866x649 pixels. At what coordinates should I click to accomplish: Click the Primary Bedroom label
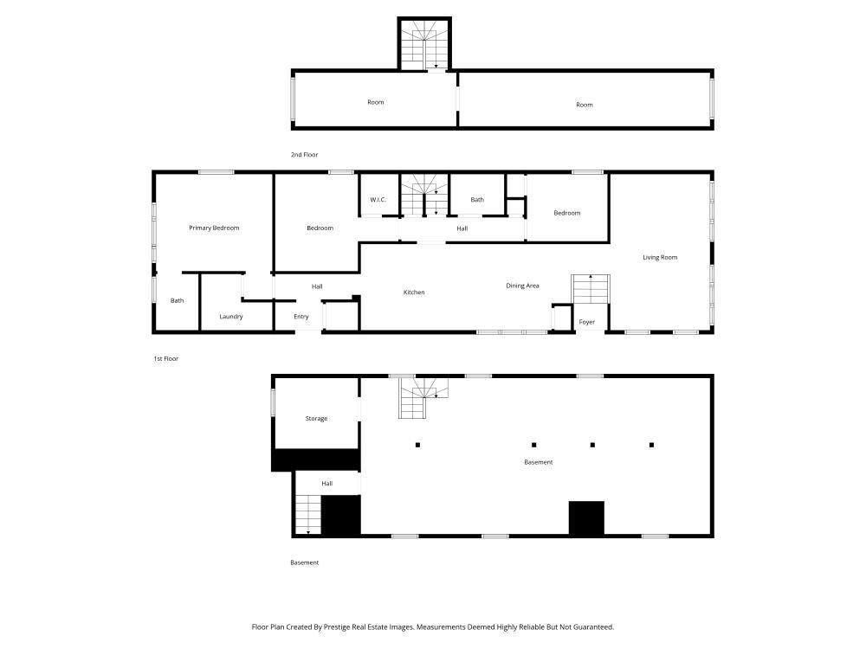coord(214,228)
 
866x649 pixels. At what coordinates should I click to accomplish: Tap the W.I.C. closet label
coord(378,200)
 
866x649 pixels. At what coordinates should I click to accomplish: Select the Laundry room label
coord(230,317)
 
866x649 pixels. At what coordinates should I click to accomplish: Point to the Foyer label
coord(587,322)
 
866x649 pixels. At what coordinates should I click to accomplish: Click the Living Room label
coord(660,257)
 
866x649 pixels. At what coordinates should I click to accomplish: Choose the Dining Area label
coord(523,286)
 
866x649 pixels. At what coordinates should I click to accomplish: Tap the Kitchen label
coord(414,292)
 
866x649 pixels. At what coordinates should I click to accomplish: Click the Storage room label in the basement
coord(316,419)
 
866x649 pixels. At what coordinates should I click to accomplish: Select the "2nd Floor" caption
coord(305,155)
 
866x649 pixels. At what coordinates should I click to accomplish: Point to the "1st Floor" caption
coord(165,358)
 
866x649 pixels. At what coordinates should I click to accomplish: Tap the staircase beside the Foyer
coord(591,289)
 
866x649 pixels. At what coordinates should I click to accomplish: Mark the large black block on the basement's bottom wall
coord(586,518)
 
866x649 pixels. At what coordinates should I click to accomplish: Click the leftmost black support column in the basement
coord(417,445)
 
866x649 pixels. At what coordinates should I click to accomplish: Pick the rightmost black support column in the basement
coord(651,445)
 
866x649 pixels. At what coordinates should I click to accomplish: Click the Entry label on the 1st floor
coord(301,317)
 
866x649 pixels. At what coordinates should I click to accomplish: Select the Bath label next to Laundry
coord(177,301)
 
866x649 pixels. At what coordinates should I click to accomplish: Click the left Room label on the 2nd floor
coord(375,102)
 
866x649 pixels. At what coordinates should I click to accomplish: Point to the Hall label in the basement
coord(326,484)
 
